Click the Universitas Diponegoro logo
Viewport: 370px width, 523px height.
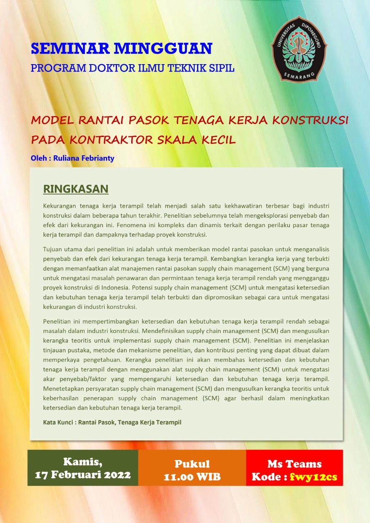click(298, 49)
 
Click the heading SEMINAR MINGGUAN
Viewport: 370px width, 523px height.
click(121, 49)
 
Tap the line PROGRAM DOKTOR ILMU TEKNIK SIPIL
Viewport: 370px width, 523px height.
click(132, 68)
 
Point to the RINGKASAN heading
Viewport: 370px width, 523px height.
click(76, 189)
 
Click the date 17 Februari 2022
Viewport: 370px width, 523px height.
click(83, 475)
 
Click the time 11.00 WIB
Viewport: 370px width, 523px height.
click(192, 477)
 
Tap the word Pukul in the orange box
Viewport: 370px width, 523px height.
click(192, 464)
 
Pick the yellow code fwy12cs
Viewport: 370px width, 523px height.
click(313, 477)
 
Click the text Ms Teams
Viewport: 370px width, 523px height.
click(294, 464)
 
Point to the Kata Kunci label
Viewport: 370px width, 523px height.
click(59, 422)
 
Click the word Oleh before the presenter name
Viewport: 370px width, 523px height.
click(38, 158)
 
